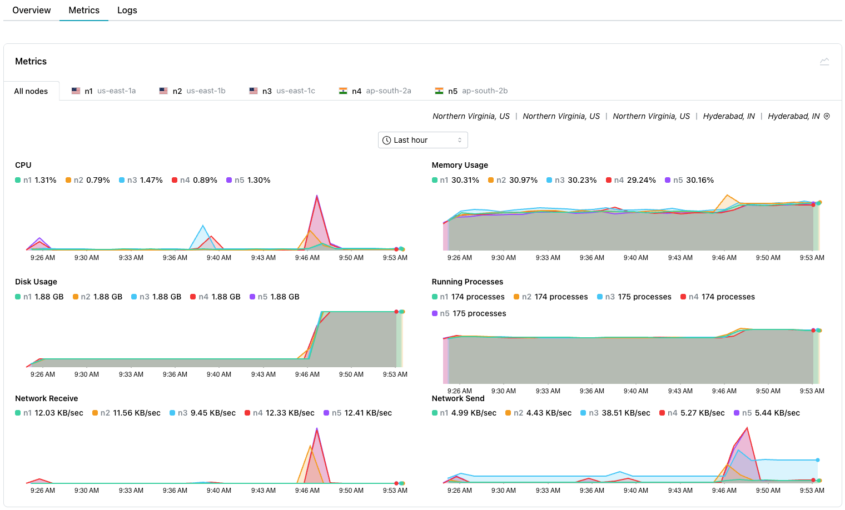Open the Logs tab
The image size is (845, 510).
tap(127, 11)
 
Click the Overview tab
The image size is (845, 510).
tap(32, 11)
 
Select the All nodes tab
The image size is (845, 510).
tap(31, 91)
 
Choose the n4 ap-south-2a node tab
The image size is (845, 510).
tap(375, 91)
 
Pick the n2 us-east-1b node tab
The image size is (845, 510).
tap(192, 91)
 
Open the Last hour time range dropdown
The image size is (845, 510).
tap(422, 140)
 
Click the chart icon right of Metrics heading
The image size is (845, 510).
tap(824, 62)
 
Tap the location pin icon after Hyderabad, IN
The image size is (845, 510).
tap(827, 117)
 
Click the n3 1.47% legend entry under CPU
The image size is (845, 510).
tap(141, 180)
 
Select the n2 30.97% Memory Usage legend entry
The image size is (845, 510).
tap(513, 180)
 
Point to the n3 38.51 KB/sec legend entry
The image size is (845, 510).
tap(615, 413)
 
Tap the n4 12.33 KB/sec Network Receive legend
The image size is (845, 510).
tap(279, 413)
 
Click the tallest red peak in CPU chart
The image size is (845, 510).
tap(317, 197)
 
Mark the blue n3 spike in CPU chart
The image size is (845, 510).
tap(203, 226)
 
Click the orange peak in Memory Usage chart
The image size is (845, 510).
tap(727, 196)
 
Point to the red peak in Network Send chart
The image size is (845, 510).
tap(747, 428)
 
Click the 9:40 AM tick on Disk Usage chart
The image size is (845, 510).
tap(219, 374)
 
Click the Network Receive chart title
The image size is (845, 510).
tap(47, 398)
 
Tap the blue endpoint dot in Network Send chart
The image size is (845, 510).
tap(818, 460)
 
